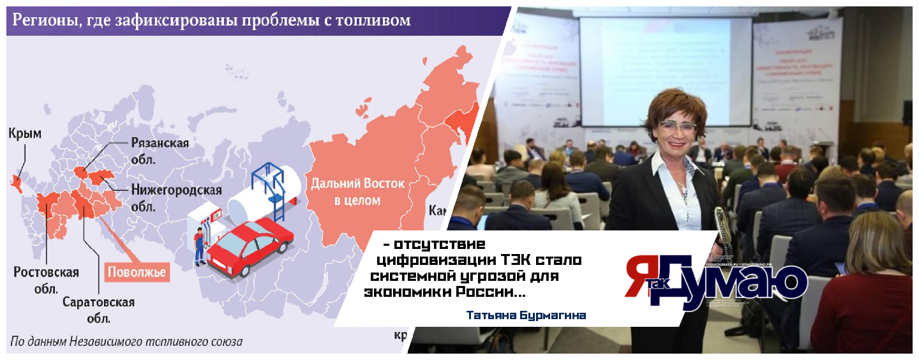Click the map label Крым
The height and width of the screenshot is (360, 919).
pyautogui.click(x=25, y=133)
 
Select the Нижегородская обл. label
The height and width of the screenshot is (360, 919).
pyautogui.click(x=176, y=198)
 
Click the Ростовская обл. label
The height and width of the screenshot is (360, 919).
pyautogui.click(x=47, y=280)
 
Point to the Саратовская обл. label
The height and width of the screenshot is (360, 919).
pyautogui.click(x=99, y=309)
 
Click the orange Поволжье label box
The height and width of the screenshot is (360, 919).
pyautogui.click(x=137, y=272)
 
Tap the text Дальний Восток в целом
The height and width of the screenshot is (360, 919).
pyautogui.click(x=357, y=191)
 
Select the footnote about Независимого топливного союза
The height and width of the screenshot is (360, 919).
pyautogui.click(x=127, y=341)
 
